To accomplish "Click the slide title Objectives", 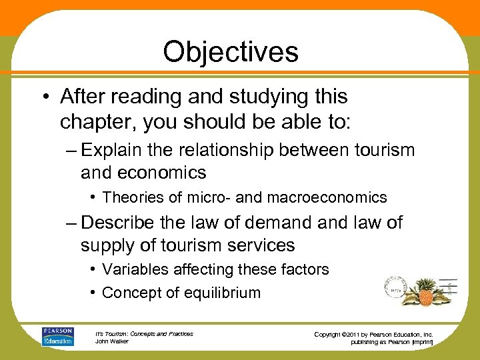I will (231, 51).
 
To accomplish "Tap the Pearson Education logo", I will (57, 337).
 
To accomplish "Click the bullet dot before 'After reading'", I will (45, 97).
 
